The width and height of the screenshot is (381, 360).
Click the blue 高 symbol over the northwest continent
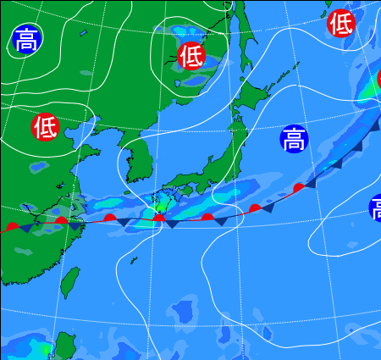click(x=26, y=40)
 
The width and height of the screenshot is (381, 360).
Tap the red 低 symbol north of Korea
click(x=192, y=56)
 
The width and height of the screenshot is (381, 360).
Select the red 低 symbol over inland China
click(x=45, y=127)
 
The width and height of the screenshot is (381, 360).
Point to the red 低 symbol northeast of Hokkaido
click(x=340, y=23)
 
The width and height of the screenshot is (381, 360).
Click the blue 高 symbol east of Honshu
click(x=293, y=138)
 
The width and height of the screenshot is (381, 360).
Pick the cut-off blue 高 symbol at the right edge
click(x=375, y=208)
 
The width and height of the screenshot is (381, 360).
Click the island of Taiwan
click(x=71, y=283)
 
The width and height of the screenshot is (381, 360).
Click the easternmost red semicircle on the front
click(x=299, y=187)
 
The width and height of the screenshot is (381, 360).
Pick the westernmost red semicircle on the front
click(x=11, y=226)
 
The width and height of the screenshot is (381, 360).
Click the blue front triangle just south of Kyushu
click(x=172, y=224)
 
